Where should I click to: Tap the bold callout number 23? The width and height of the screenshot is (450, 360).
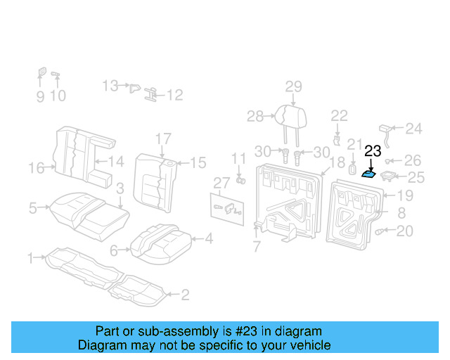373,150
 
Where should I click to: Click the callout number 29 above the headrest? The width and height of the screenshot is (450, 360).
293,86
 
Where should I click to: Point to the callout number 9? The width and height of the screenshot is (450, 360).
40,96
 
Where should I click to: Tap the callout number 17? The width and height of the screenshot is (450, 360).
163,139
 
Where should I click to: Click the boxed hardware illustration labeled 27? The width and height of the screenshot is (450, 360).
227,207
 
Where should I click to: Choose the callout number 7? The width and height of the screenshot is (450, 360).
257,247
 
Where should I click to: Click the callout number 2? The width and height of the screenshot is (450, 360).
184,295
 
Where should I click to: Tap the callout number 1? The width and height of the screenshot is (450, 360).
30,258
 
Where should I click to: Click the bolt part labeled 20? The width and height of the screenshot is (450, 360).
382,231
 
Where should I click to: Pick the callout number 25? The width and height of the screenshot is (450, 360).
416,178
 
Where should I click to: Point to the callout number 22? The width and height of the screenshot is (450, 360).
339,115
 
